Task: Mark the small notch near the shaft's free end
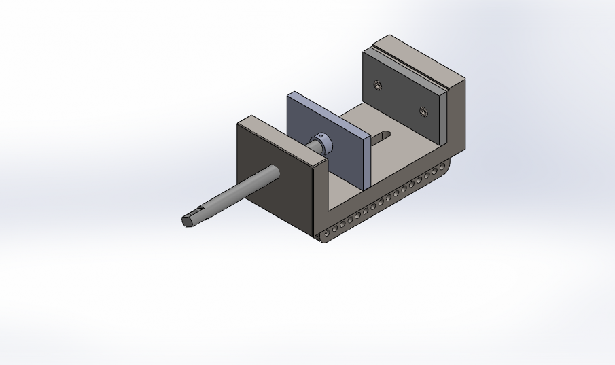(x=199, y=208)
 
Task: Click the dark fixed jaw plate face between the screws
(x=401, y=99)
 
